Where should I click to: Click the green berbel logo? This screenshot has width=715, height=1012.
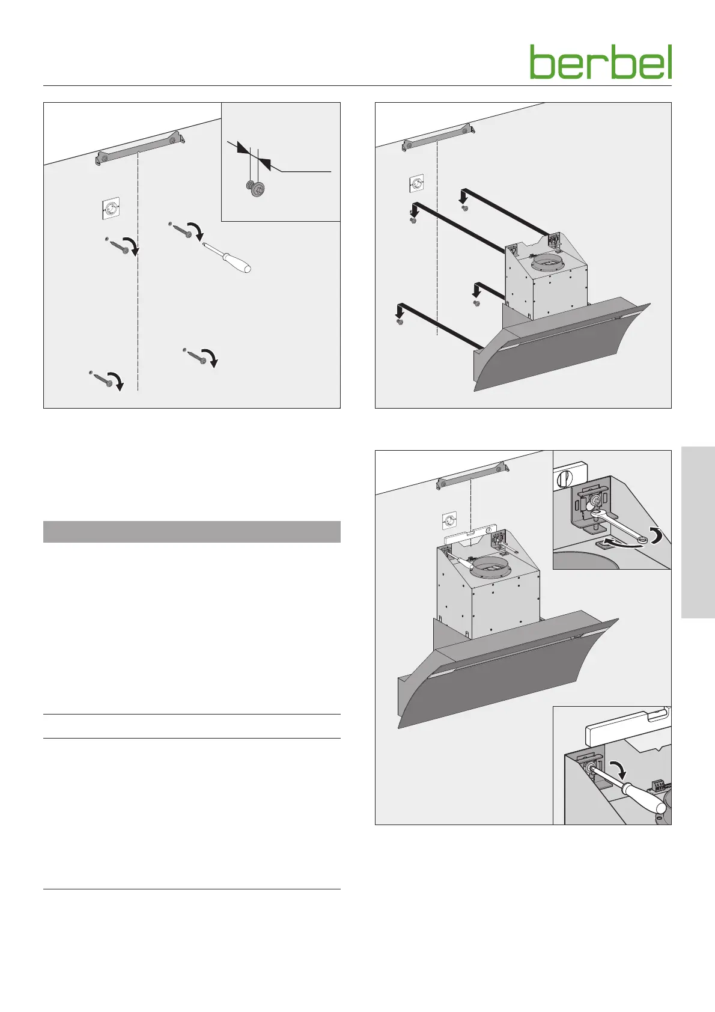tap(601, 62)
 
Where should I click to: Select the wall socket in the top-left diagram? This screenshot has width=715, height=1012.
tap(110, 209)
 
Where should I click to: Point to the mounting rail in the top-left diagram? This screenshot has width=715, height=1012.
tap(141, 148)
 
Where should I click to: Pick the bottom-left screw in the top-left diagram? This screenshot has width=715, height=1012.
tap(102, 377)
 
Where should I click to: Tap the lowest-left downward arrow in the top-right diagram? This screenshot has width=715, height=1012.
tap(400, 312)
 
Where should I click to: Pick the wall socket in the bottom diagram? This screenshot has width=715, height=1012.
tap(450, 520)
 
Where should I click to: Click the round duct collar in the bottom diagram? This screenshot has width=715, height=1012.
tap(490, 566)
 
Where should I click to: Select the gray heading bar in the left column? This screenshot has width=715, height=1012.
tap(192, 531)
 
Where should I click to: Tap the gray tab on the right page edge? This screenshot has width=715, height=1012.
tap(698, 532)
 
